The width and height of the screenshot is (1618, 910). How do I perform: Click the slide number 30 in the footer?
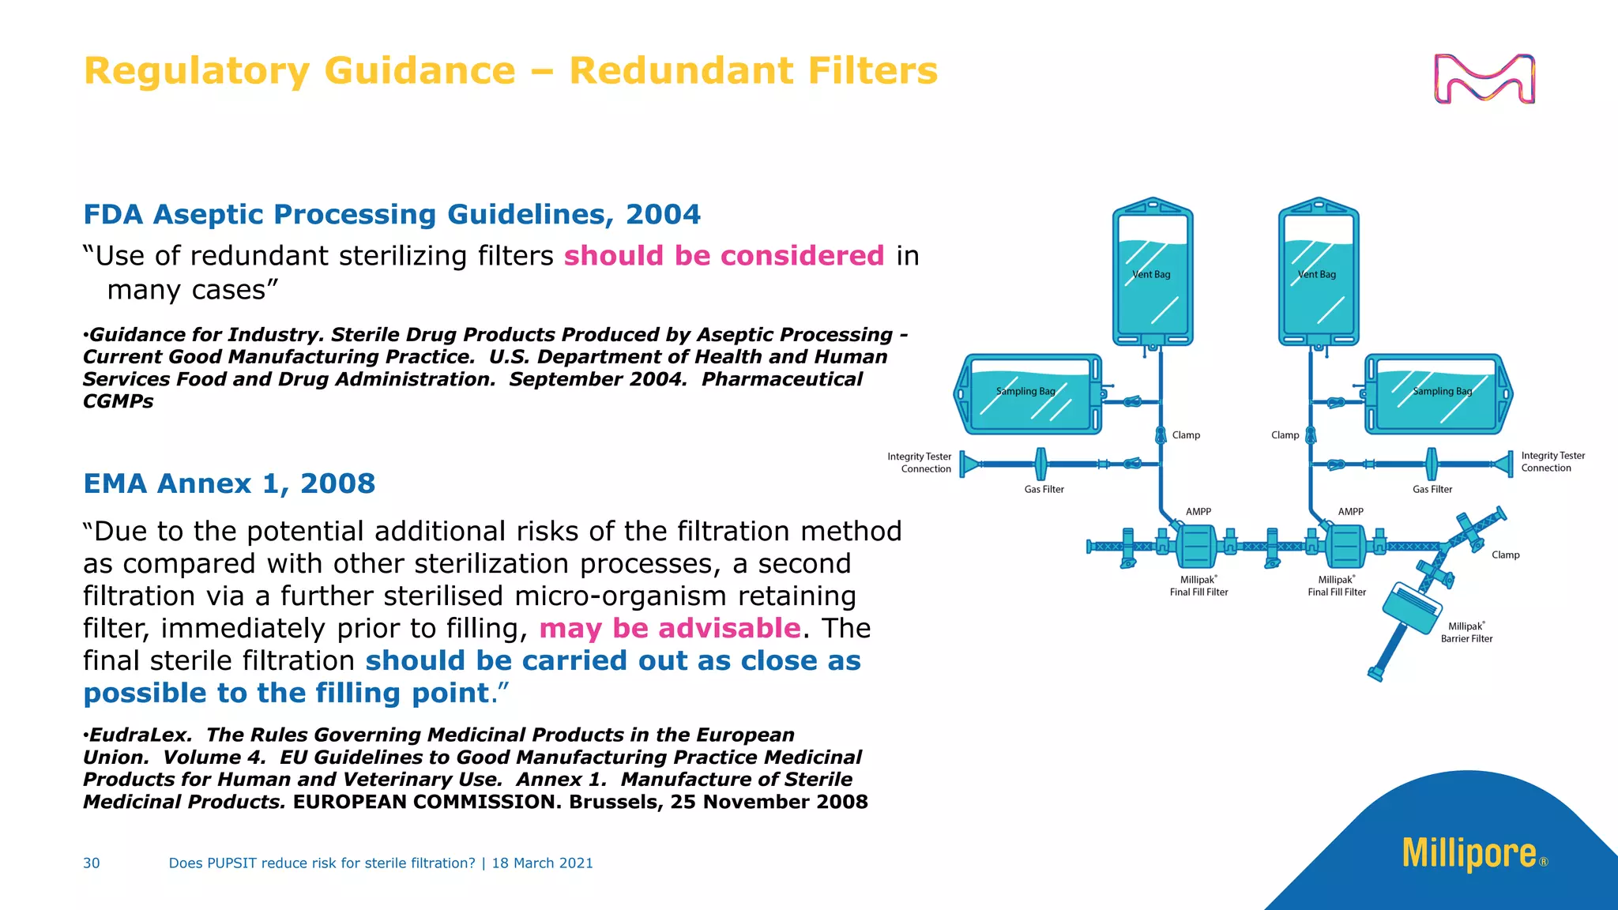tap(92, 863)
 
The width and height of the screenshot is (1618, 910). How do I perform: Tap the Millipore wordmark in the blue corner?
tap(1469, 853)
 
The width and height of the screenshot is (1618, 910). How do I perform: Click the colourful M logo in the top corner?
tap(1484, 79)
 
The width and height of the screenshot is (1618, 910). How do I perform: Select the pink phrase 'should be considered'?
tap(724, 256)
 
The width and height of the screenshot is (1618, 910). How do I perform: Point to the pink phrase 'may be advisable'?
tap(670, 629)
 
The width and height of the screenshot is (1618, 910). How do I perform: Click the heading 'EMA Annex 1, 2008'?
tap(229, 483)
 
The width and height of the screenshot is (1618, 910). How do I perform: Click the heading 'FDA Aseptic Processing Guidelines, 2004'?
tap(392, 214)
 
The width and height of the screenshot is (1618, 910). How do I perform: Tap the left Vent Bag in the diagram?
tap(1153, 273)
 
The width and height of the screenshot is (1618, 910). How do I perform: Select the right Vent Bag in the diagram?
tap(1319, 273)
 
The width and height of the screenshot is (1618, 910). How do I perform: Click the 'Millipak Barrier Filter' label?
tap(1466, 633)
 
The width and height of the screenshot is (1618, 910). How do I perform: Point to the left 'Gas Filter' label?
tap(1044, 490)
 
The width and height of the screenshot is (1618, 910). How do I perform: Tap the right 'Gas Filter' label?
tap(1432, 490)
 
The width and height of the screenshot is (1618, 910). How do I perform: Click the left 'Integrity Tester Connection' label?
tap(920, 463)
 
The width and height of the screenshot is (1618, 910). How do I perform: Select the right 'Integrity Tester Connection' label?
tap(1552, 462)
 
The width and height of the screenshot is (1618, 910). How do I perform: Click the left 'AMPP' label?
tap(1198, 512)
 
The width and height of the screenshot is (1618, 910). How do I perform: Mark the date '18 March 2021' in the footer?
tap(542, 863)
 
